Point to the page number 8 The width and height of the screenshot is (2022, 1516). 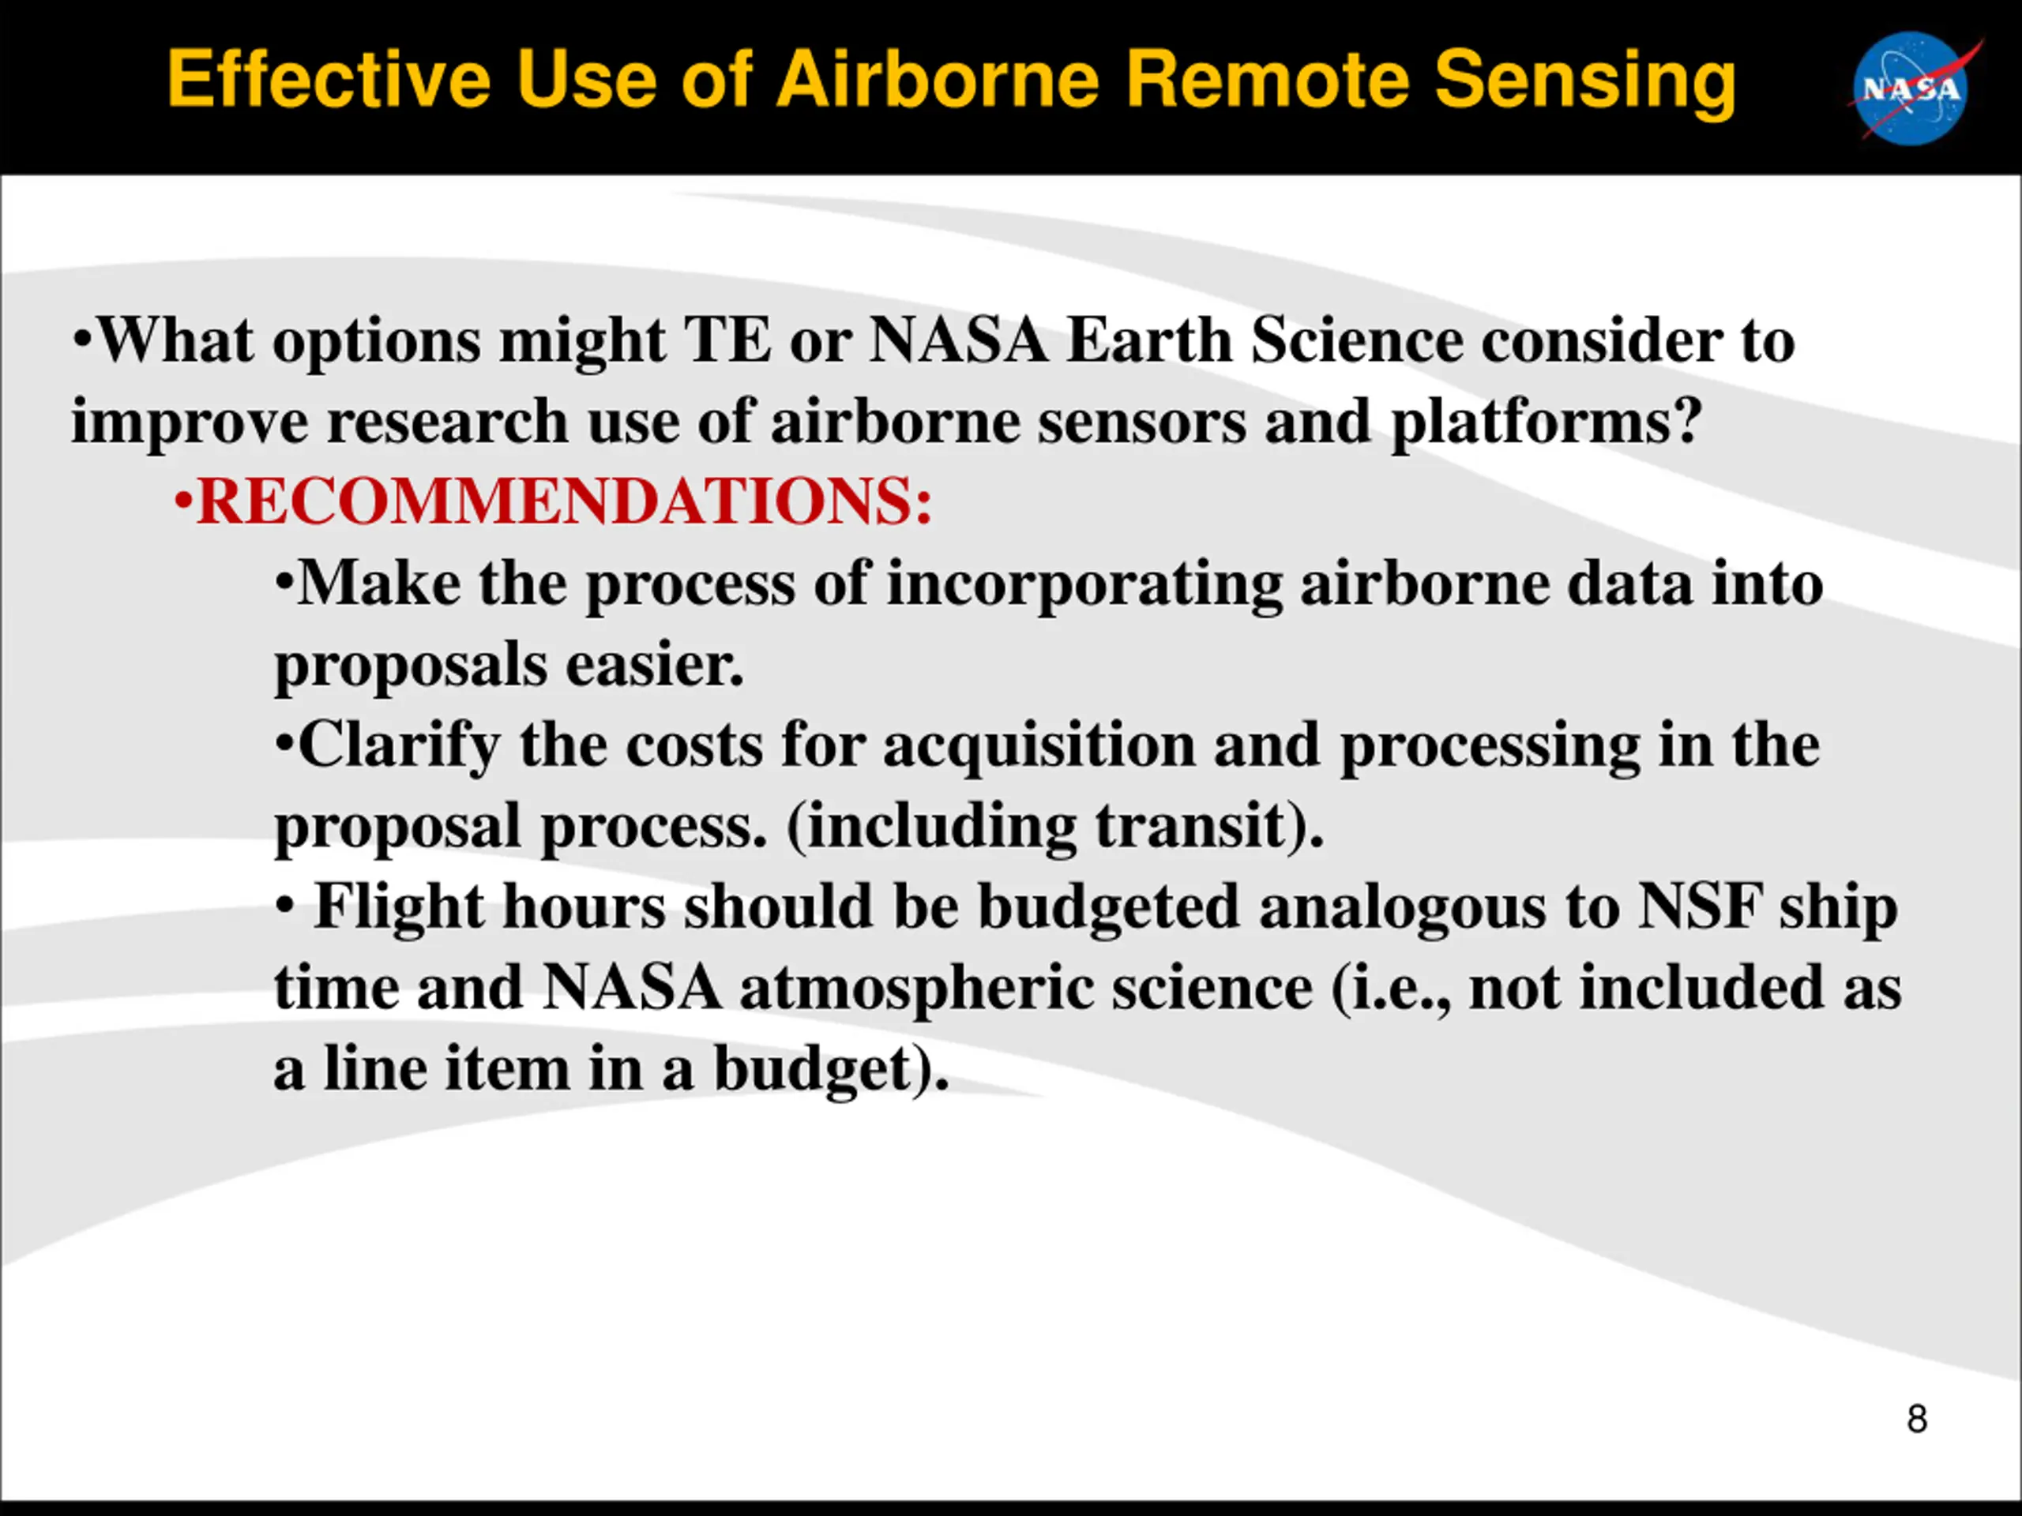click(1917, 1418)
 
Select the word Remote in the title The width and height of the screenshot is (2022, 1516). click(1271, 80)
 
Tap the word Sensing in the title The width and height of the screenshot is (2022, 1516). click(1585, 83)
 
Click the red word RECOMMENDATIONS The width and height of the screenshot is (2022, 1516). click(565, 501)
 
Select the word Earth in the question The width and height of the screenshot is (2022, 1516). click(1149, 340)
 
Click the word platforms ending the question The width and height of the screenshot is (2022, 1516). click(1546, 423)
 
